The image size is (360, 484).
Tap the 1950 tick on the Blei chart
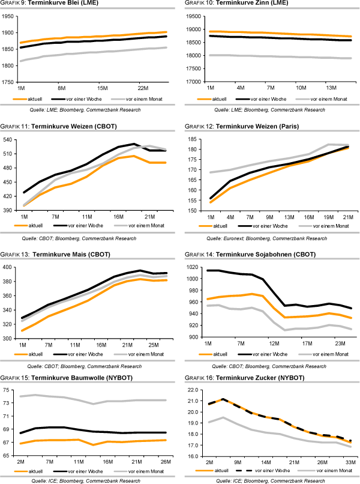tap(8, 16)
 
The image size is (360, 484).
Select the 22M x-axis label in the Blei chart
tap(143, 87)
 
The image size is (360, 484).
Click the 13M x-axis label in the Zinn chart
tap(332, 87)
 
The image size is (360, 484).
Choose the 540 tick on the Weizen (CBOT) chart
tap(10, 140)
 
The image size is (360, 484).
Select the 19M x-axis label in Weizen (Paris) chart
tap(328, 216)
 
